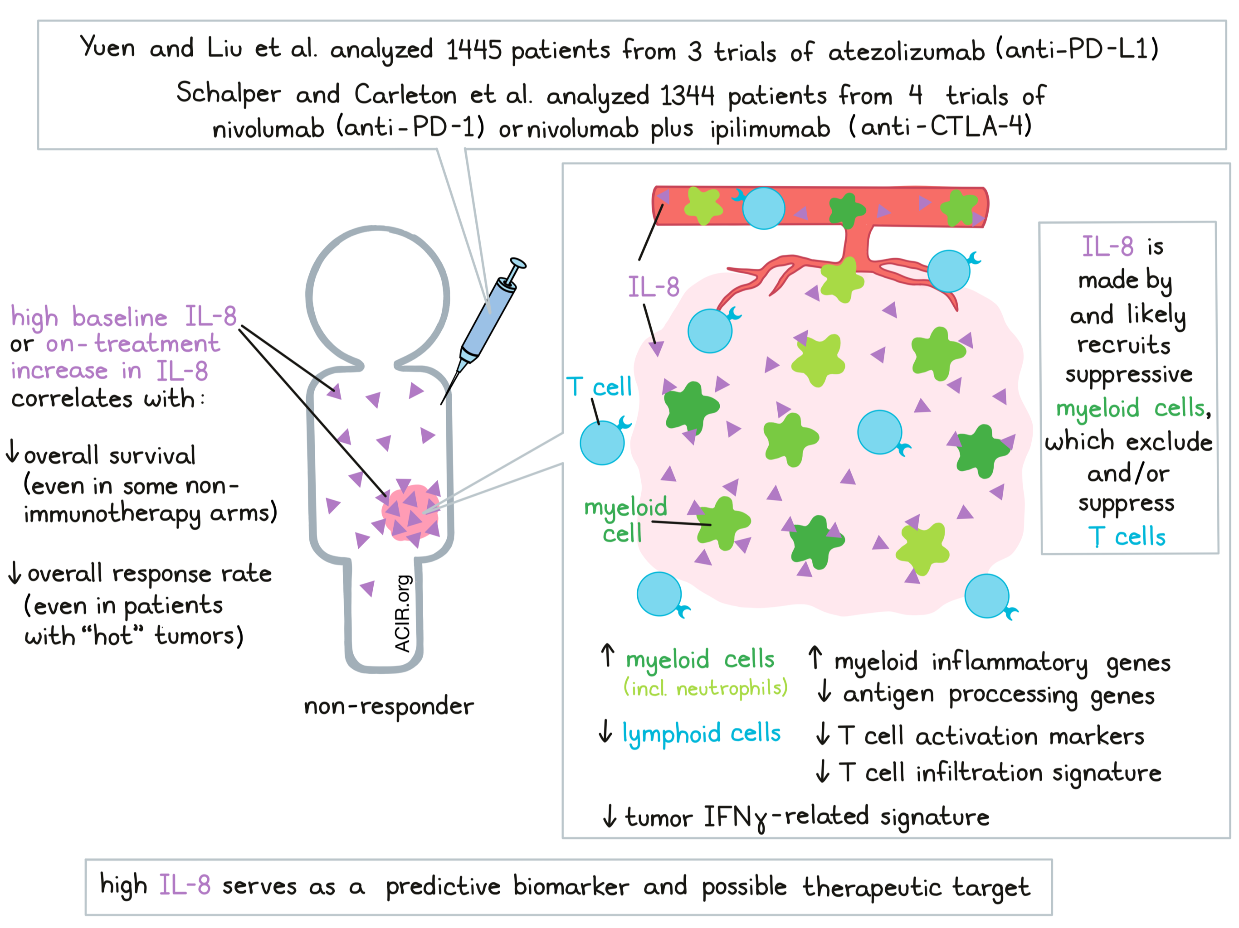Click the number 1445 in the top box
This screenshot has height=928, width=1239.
click(x=473, y=50)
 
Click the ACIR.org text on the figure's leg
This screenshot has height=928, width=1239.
click(x=403, y=614)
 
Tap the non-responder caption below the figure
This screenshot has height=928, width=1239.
click(x=389, y=707)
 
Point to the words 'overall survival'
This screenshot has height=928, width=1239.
click(x=110, y=455)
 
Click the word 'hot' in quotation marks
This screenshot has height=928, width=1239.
click(x=112, y=636)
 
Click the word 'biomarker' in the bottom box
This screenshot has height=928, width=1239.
click(x=571, y=887)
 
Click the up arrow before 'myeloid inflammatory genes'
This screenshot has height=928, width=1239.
click(x=815, y=657)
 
